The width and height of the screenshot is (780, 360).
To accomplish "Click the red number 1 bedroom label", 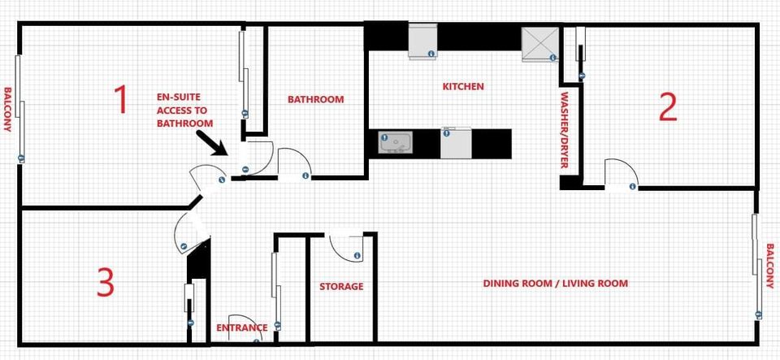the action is click(x=121, y=99).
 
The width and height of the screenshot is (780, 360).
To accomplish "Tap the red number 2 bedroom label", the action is click(x=668, y=107).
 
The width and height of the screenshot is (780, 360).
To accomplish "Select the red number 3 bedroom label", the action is click(x=106, y=282).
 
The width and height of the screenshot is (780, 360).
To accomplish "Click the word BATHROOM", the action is click(x=315, y=99).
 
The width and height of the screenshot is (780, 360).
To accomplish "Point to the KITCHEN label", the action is click(x=463, y=86).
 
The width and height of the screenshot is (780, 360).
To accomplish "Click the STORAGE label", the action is click(x=341, y=286).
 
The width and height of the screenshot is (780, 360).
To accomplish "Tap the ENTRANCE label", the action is click(x=242, y=327).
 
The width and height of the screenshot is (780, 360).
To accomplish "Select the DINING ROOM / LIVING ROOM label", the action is click(x=556, y=284).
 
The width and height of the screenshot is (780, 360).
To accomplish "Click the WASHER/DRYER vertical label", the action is click(x=564, y=130).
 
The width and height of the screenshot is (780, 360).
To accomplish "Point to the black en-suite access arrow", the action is click(x=212, y=143).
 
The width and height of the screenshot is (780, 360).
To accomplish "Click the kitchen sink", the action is click(x=396, y=143).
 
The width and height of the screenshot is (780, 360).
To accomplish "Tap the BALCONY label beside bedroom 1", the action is click(x=7, y=110).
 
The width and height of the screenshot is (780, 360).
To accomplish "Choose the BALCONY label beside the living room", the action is click(x=770, y=266).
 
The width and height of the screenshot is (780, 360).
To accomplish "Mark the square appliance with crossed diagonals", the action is click(x=540, y=44).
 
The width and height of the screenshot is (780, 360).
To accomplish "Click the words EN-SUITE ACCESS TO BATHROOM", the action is click(x=185, y=111).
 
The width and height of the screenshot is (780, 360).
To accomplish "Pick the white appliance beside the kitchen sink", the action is click(x=456, y=143).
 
